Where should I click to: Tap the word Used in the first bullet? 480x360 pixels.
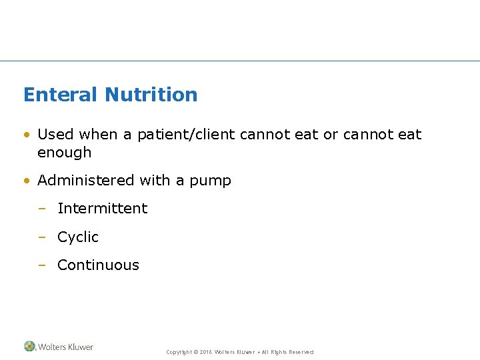pyautogui.click(x=55, y=134)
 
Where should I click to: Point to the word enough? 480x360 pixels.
pyautogui.click(x=64, y=153)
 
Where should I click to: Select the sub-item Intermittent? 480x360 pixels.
pyautogui.click(x=102, y=208)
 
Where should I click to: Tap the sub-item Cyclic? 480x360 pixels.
pyautogui.click(x=78, y=237)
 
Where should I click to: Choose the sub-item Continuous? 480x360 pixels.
pyautogui.click(x=98, y=265)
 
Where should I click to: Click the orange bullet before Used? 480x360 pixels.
pyautogui.click(x=27, y=135)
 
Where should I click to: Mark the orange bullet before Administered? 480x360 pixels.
pyautogui.click(x=27, y=181)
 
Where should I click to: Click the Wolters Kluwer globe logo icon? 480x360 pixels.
pyautogui.click(x=29, y=347)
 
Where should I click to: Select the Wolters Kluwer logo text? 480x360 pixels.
pyautogui.click(x=65, y=347)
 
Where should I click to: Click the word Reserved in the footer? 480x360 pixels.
pyautogui.click(x=301, y=352)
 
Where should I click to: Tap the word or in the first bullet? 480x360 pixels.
pyautogui.click(x=331, y=135)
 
